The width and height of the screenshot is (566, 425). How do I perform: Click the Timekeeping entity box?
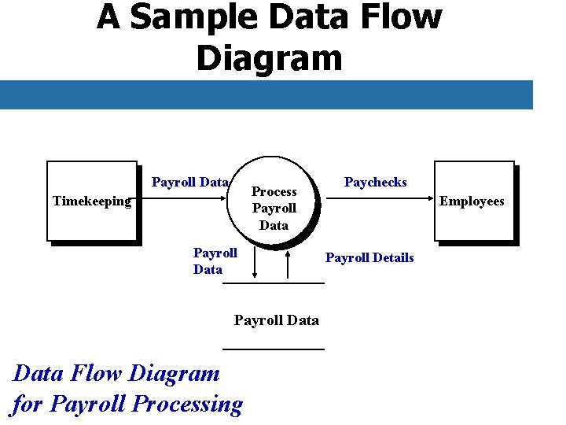tap(91, 201)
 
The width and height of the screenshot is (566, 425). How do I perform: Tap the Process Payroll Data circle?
tap(274, 208)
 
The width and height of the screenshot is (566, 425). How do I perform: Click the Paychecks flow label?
tap(376, 183)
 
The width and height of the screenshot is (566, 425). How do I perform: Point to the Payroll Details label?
tap(369, 258)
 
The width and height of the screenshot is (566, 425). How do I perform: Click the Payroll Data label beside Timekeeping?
tap(189, 183)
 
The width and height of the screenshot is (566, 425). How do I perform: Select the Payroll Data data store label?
tap(277, 320)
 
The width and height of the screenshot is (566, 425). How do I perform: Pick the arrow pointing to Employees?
tap(381, 199)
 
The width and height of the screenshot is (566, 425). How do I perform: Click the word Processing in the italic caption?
tap(188, 404)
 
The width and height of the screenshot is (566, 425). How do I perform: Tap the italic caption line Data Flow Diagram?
tap(116, 373)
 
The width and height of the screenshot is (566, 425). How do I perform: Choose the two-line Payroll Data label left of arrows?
tap(215, 261)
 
